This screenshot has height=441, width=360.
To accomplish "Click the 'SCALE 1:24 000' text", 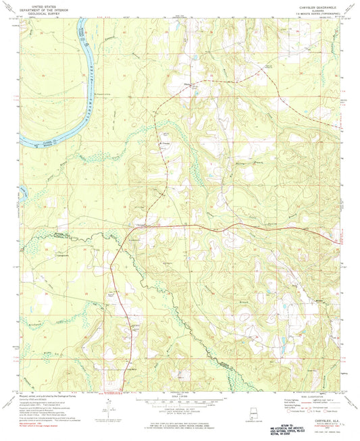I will (180, 396).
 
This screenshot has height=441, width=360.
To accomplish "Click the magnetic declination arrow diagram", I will (105, 409).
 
